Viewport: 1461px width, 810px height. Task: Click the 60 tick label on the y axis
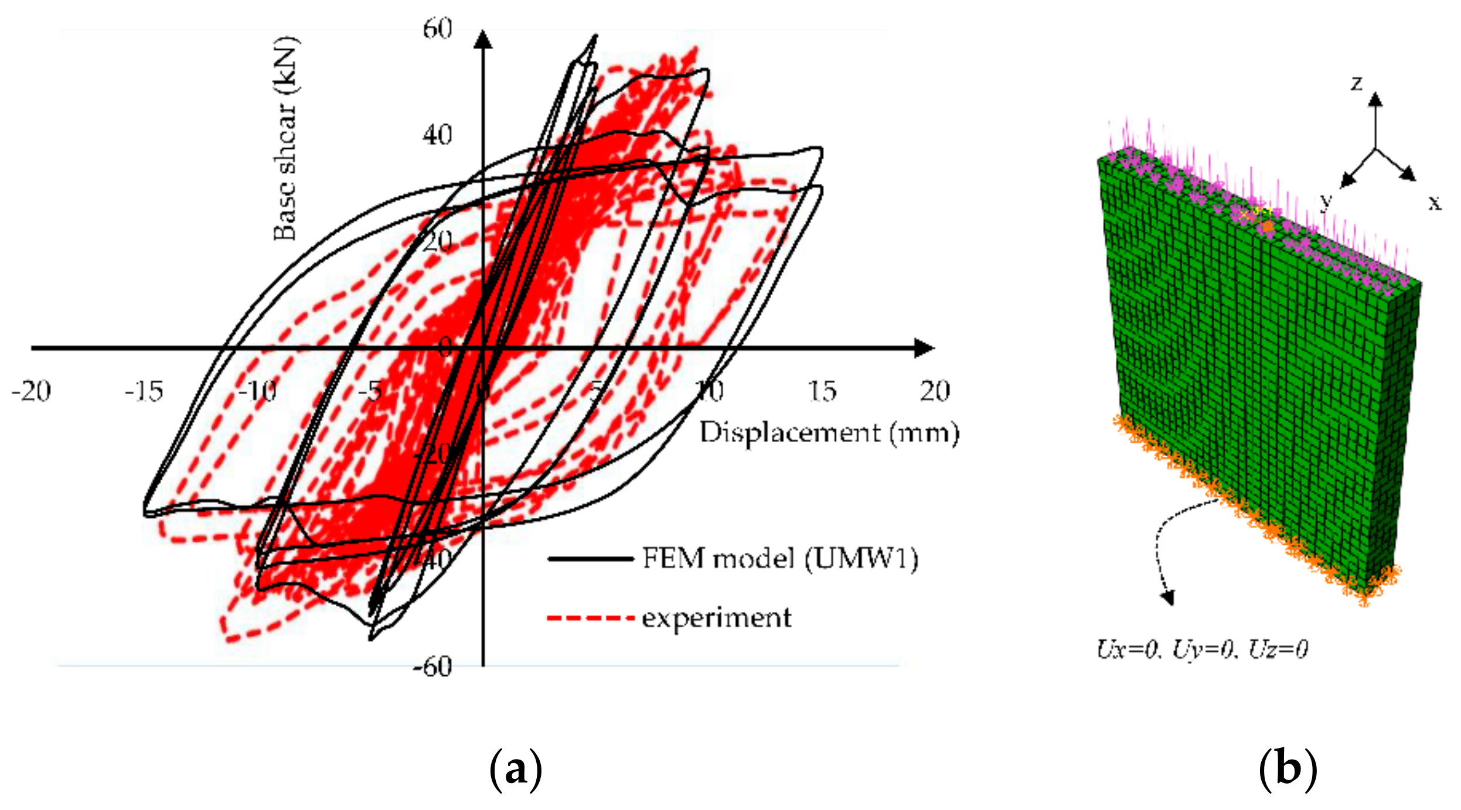(x=437, y=29)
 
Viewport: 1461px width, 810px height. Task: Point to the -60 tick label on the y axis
(x=432, y=666)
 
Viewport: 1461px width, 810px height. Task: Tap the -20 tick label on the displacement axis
(x=31, y=391)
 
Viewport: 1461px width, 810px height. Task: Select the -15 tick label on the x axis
(x=144, y=391)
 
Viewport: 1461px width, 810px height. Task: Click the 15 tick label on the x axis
(x=822, y=391)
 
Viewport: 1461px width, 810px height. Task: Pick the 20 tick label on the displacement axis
(x=935, y=391)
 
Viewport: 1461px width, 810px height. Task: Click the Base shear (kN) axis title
(x=286, y=139)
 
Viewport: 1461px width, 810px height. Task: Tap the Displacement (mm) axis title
(x=829, y=433)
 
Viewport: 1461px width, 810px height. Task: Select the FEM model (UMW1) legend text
(x=780, y=558)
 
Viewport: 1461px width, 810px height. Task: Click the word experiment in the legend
(x=717, y=618)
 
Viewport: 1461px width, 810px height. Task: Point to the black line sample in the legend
(x=591, y=559)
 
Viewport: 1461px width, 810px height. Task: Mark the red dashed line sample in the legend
(x=591, y=618)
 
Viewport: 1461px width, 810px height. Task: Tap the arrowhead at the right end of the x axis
(x=924, y=348)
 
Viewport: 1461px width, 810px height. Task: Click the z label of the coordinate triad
(x=1357, y=84)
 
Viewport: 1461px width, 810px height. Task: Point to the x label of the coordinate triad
(x=1434, y=203)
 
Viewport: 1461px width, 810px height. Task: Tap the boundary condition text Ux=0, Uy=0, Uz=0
(x=1202, y=649)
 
